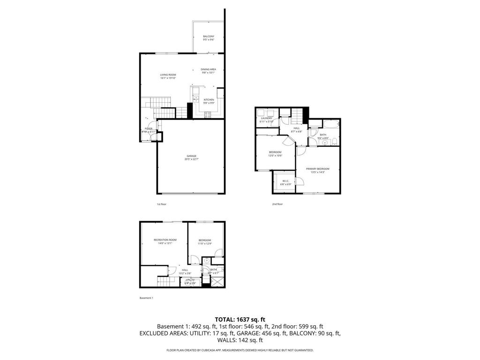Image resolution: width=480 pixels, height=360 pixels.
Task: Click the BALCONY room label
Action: pyautogui.click(x=209, y=37)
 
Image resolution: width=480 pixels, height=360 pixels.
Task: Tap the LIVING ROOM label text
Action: pyautogui.click(x=168, y=75)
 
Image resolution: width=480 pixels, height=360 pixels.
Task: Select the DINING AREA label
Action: pyautogui.click(x=209, y=69)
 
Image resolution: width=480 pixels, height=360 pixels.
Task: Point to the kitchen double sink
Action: pyautogui.click(x=195, y=99)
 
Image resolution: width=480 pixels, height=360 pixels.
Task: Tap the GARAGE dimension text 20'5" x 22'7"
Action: pyautogui.click(x=191, y=159)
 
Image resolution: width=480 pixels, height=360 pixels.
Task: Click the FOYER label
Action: pyautogui.click(x=149, y=128)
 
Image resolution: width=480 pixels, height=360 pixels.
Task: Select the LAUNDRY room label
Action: pyautogui.click(x=266, y=118)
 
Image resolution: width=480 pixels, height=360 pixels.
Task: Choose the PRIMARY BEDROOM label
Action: pyautogui.click(x=317, y=169)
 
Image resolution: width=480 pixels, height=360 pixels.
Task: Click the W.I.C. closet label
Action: pyautogui.click(x=285, y=181)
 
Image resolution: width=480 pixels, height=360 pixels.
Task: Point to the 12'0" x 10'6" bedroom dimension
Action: pyautogui.click(x=275, y=155)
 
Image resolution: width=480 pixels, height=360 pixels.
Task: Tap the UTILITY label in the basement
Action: pyautogui.click(x=190, y=280)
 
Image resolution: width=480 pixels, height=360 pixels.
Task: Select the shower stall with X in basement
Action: pyautogui.click(x=217, y=281)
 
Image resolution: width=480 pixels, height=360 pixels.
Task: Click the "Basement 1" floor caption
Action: pyautogui.click(x=146, y=298)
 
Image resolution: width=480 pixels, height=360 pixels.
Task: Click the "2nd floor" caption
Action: pyautogui.click(x=277, y=204)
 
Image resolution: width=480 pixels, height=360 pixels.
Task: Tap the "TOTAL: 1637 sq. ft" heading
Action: pyautogui.click(x=240, y=319)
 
